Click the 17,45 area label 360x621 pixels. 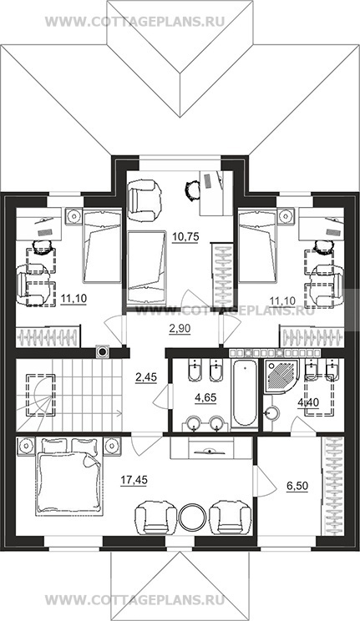(134, 481)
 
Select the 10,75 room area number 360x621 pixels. (185, 237)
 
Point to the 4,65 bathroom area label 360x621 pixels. (205, 397)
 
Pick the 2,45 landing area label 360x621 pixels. (146, 377)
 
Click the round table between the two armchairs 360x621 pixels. (192, 517)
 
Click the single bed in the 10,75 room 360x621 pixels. (146, 268)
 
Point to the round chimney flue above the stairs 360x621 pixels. (103, 351)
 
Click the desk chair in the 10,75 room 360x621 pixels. (193, 189)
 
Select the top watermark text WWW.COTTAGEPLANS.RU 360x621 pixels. (134, 21)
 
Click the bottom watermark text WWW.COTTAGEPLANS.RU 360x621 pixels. (134, 599)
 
